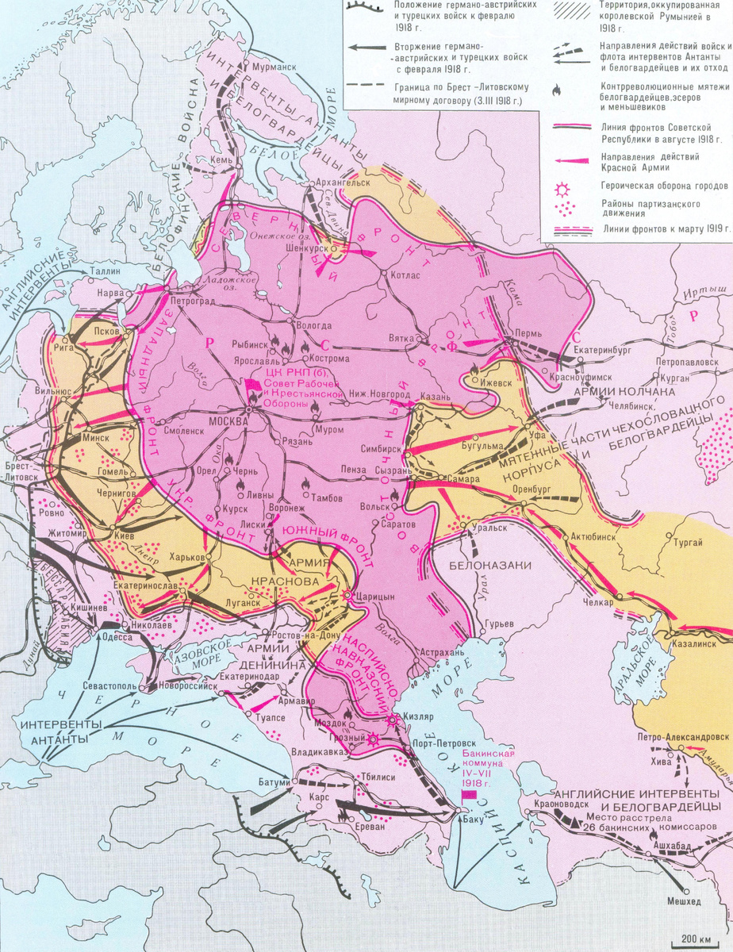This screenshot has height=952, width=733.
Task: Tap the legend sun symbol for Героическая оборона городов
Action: [567, 189]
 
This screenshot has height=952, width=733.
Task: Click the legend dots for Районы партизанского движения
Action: [567, 209]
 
